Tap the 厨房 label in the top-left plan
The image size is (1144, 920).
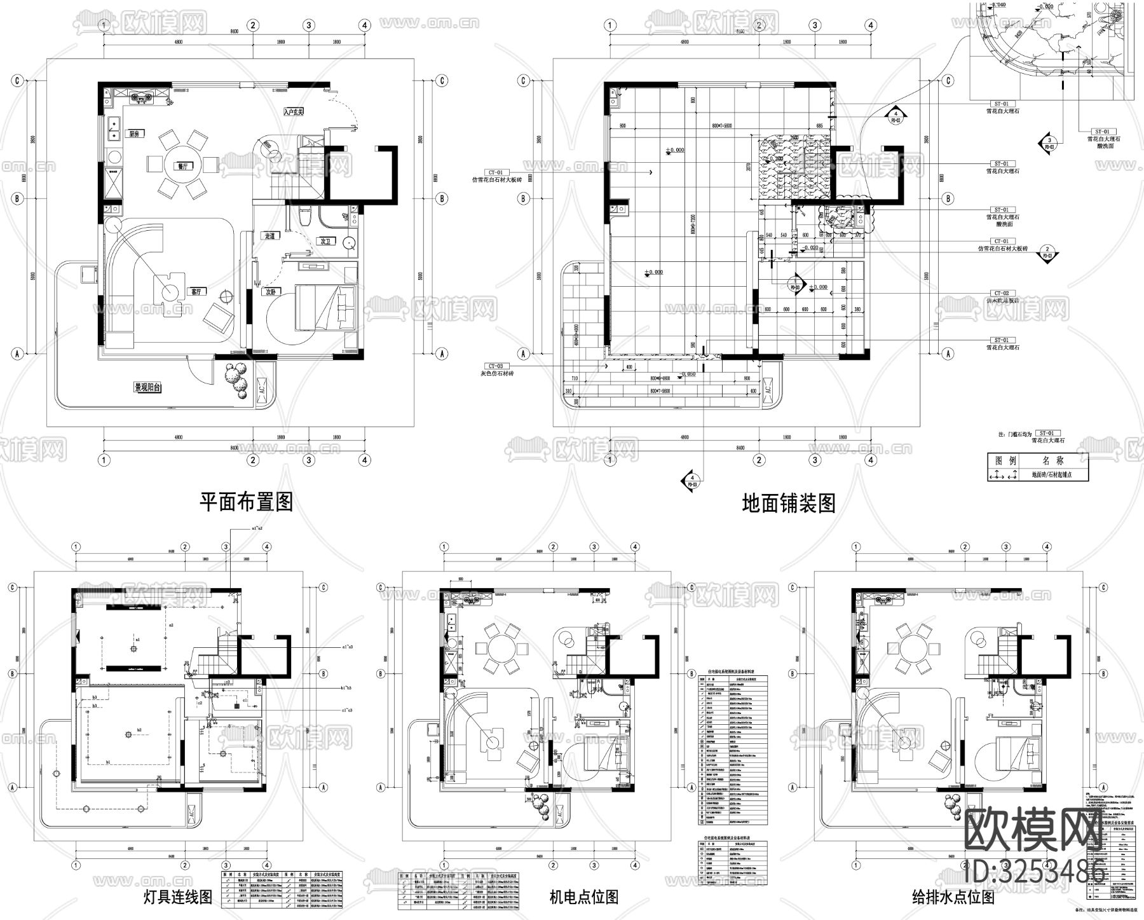pyautogui.click(x=134, y=134)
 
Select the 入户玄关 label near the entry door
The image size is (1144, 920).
pyautogui.click(x=294, y=111)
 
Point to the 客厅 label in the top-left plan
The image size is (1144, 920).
pyautogui.click(x=196, y=292)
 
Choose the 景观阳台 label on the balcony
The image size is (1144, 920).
pyautogui.click(x=146, y=387)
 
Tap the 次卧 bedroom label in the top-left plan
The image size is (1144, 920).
pyautogui.click(x=272, y=292)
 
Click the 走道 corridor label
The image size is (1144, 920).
pyautogui.click(x=269, y=236)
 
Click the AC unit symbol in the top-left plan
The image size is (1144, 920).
pyautogui.click(x=262, y=389)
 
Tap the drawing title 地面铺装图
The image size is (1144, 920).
pyautogui.click(x=789, y=504)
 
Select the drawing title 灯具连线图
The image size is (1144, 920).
pyautogui.click(x=179, y=897)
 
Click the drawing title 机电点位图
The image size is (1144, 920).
pyautogui.click(x=583, y=897)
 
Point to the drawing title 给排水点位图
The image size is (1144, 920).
pyautogui.click(x=953, y=897)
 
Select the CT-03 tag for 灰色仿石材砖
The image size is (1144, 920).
pyautogui.click(x=496, y=366)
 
